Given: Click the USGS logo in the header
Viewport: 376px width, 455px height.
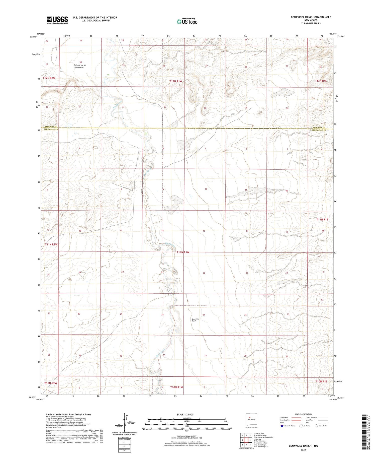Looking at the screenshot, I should [x=57, y=20].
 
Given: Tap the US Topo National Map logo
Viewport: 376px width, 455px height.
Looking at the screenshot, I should [x=187, y=21].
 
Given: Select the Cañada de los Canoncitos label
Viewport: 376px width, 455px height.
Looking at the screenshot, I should [x=80, y=66].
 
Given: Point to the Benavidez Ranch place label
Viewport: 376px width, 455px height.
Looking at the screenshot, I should [x=196, y=320].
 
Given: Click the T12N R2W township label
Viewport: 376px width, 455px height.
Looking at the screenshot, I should [x=49, y=78].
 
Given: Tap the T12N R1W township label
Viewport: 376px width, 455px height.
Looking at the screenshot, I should [x=175, y=81].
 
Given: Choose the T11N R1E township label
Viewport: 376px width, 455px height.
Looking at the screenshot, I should [x=322, y=220].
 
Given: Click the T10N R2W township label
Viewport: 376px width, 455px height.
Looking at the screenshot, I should [x=51, y=383].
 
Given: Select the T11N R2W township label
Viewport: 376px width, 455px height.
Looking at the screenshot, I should [x=51, y=244].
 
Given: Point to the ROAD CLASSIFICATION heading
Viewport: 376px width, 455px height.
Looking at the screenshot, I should [x=303, y=414].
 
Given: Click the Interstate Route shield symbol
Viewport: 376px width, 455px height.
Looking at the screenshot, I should [x=282, y=426].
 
